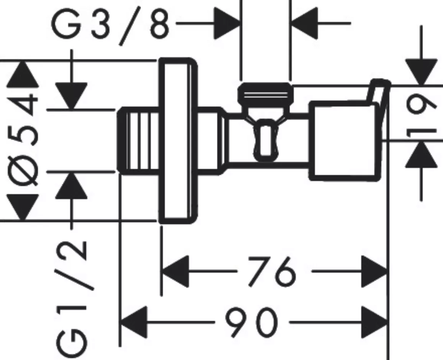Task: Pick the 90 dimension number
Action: pyautogui.click(x=250, y=322)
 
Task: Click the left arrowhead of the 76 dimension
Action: pyautogui.click(x=175, y=272)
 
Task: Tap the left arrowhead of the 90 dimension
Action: pyautogui.click(x=134, y=322)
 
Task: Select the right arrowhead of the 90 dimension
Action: pyautogui.click(x=375, y=322)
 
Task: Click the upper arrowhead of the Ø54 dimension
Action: pyautogui.click(x=22, y=74)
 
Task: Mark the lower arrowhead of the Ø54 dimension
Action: pyautogui.click(x=22, y=207)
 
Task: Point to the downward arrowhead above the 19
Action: pyautogui.click(x=421, y=72)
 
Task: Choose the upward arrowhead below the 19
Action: pyautogui.click(x=421, y=154)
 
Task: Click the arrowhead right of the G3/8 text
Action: pyautogui.click(x=227, y=23)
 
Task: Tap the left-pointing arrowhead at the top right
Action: pyautogui.click(x=305, y=23)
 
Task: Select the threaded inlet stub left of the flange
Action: pyautogui.click(x=138, y=141)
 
